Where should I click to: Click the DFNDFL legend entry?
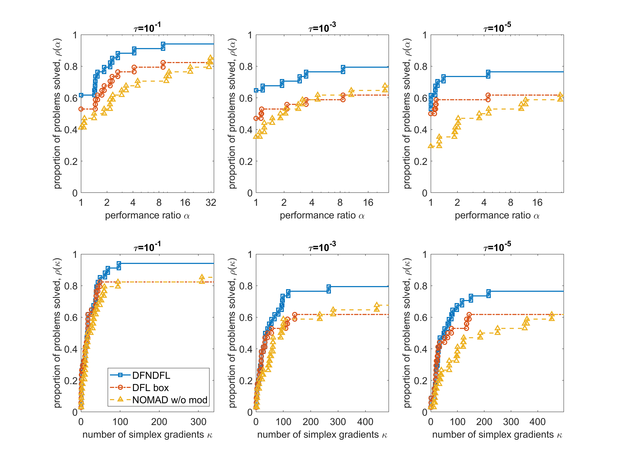pyautogui.click(x=151, y=375)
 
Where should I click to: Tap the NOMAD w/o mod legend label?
pyautogui.click(x=170, y=400)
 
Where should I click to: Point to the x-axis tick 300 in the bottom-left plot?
pyautogui.click(x=198, y=422)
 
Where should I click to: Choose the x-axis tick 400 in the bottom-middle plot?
pyautogui.click(x=365, y=422)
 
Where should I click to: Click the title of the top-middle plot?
pyautogui.click(x=322, y=27)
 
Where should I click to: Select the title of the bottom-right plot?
pyautogui.click(x=497, y=247)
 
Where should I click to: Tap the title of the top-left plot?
pyautogui.click(x=147, y=27)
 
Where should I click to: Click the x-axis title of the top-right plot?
pyautogui.click(x=497, y=216)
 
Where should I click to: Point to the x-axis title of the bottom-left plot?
pyautogui.click(x=147, y=435)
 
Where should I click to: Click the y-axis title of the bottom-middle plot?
pyautogui.click(x=232, y=333)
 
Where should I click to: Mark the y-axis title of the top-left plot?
pyautogui.click(x=57, y=113)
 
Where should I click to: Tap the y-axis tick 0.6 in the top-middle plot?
pyautogui.click(x=246, y=98)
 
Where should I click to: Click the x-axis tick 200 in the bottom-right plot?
pyautogui.click(x=484, y=422)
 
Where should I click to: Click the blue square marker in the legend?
pyautogui.click(x=120, y=375)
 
